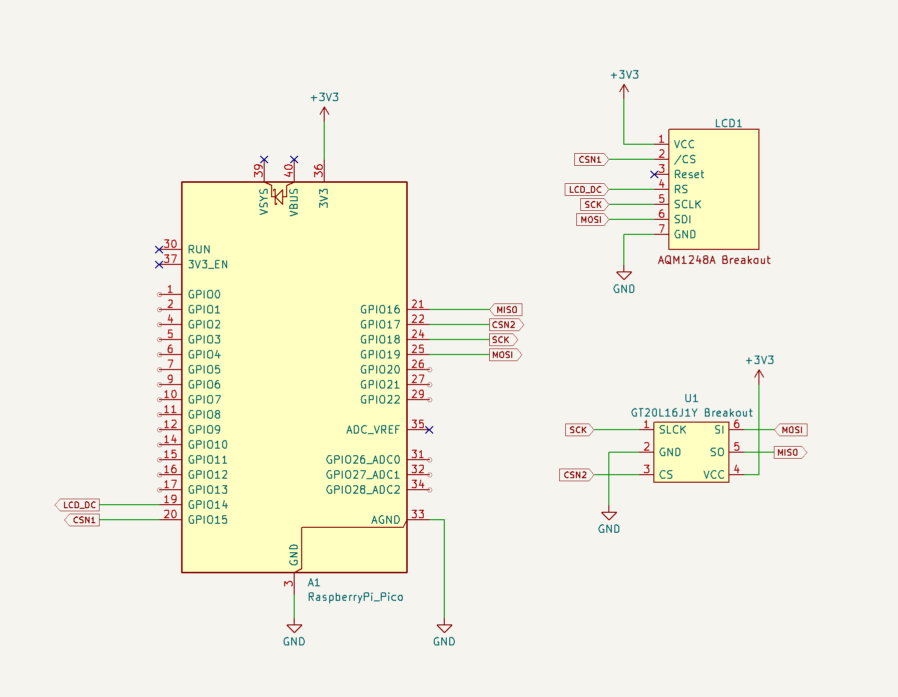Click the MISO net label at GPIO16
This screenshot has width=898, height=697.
(x=506, y=309)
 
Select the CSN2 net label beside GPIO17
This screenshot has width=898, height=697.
(x=506, y=324)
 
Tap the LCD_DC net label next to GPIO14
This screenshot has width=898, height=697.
(x=77, y=505)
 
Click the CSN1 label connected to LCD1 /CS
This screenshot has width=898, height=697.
(x=591, y=159)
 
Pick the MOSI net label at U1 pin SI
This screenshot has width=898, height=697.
(x=791, y=430)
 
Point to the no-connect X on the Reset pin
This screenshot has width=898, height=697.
(x=654, y=174)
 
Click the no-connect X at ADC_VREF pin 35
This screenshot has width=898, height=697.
(x=429, y=430)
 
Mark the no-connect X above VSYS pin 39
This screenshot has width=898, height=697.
(x=264, y=159)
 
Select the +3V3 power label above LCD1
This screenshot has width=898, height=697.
(x=624, y=75)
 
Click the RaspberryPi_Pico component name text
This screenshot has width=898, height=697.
(x=355, y=597)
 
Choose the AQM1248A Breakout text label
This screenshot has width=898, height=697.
(x=714, y=260)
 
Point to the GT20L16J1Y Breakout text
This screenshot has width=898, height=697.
(x=691, y=413)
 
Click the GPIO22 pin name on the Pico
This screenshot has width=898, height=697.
(x=380, y=400)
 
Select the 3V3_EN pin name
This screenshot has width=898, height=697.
(x=208, y=264)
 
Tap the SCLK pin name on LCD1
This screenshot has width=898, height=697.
(x=687, y=204)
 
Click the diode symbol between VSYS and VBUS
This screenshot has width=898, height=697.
(x=279, y=197)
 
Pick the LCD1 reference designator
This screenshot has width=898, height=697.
(x=728, y=123)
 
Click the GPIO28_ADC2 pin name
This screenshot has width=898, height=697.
(x=363, y=490)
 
